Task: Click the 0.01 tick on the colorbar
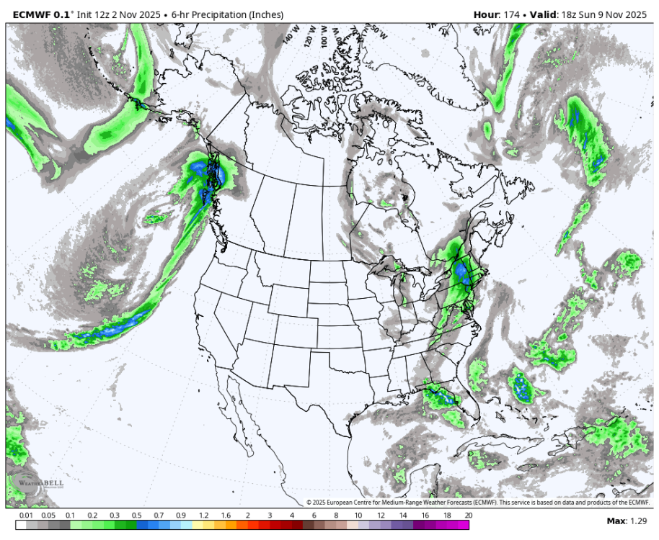[26, 516]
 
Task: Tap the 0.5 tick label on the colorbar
[136, 516]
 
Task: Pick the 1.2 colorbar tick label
[203, 516]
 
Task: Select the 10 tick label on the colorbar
[358, 516]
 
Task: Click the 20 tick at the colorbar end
[469, 516]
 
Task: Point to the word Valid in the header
[546, 14]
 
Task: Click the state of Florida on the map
[452, 408]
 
